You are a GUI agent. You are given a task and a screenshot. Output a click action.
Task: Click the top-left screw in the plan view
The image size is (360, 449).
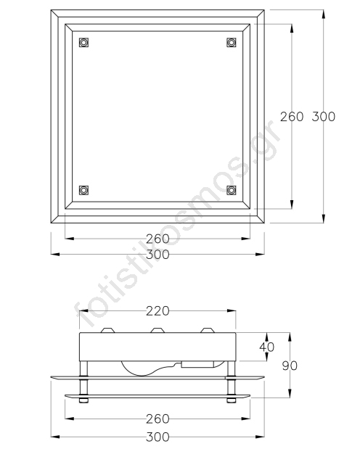point(83,42)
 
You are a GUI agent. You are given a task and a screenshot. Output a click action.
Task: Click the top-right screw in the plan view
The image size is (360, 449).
point(232,42)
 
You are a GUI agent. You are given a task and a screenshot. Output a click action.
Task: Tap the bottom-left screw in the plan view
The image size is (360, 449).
point(83,190)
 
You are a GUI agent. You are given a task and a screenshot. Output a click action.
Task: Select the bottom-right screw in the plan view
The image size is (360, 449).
point(232,190)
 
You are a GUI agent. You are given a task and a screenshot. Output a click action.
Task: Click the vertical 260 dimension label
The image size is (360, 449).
point(292,117)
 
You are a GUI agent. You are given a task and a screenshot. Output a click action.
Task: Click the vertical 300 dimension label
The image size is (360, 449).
point(324,117)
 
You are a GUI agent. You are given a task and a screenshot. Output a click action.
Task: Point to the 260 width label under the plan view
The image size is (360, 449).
point(157,239)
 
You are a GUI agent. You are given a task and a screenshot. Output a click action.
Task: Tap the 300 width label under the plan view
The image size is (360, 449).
point(157,255)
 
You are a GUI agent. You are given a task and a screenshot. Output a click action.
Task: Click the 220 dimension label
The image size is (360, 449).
point(157,311)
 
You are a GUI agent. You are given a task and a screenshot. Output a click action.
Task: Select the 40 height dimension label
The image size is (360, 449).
point(267,347)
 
